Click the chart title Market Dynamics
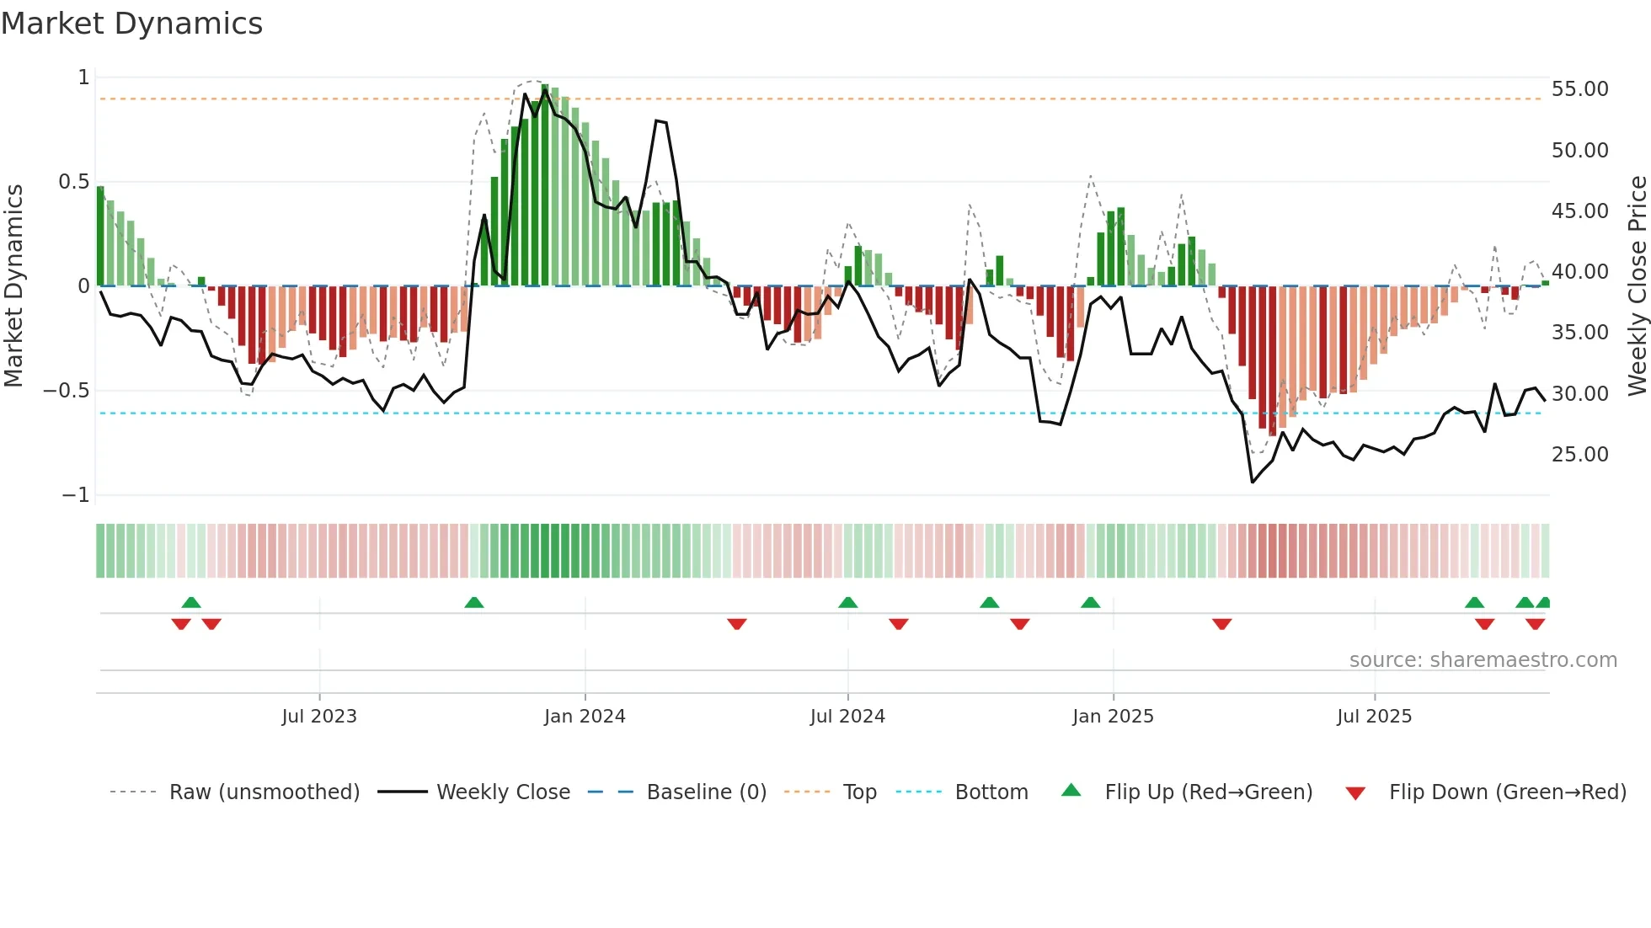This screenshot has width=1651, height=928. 131,24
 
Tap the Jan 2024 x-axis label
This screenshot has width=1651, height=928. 585,716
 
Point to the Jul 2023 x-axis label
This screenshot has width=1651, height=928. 319,716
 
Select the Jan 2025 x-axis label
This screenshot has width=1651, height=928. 1113,716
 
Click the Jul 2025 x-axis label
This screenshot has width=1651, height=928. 1374,716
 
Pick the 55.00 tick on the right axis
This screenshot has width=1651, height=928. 1579,89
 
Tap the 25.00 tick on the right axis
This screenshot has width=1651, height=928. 1579,455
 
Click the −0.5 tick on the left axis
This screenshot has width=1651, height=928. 67,391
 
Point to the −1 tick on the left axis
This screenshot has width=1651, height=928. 76,495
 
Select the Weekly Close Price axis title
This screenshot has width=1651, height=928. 1637,286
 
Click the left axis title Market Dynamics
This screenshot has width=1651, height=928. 13,286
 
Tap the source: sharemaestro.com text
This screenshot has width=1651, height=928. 1483,660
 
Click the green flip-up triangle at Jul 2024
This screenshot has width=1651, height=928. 847,603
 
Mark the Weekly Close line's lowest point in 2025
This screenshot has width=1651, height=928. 1253,483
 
